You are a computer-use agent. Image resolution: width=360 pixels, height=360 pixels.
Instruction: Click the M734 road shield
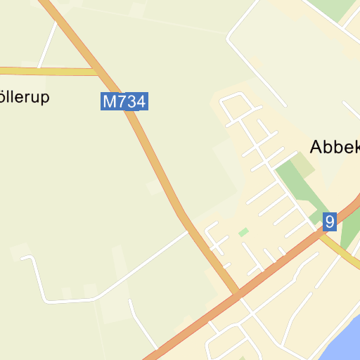click(x=124, y=101)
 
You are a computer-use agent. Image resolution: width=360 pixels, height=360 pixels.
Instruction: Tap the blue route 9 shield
click(x=330, y=222)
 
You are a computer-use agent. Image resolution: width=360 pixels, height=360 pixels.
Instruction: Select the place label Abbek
click(x=335, y=146)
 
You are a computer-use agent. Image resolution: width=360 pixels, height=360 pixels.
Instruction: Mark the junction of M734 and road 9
click(x=238, y=295)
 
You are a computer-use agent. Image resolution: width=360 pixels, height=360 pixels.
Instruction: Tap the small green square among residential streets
click(x=243, y=232)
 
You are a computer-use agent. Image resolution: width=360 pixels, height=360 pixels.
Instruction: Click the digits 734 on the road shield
click(x=131, y=101)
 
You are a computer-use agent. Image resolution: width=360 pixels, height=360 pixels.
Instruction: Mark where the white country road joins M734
click(x=189, y=231)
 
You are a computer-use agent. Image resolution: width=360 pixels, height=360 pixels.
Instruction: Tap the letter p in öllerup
click(x=45, y=99)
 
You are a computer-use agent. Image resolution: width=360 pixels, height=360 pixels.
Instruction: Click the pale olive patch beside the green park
click(x=303, y=164)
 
